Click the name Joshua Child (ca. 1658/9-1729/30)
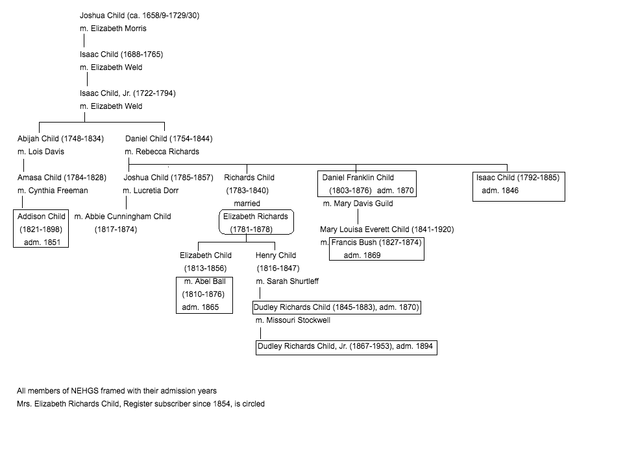[140, 16]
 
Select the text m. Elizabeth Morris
[113, 29]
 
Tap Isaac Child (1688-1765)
[121, 54]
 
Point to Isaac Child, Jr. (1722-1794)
[128, 93]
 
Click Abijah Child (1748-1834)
[60, 139]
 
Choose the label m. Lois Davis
[41, 152]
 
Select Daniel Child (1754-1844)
[169, 139]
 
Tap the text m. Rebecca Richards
[162, 152]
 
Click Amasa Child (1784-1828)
[62, 178]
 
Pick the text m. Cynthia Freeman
[53, 191]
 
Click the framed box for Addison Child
[42, 230]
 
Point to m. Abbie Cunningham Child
[123, 217]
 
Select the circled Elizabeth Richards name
[256, 222]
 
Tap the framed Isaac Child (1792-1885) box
[518, 185]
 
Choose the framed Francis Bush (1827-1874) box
[376, 248]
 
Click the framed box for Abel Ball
[204, 294]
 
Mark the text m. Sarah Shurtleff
[287, 281]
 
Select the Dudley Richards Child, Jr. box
[345, 347]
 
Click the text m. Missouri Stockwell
[293, 320]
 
